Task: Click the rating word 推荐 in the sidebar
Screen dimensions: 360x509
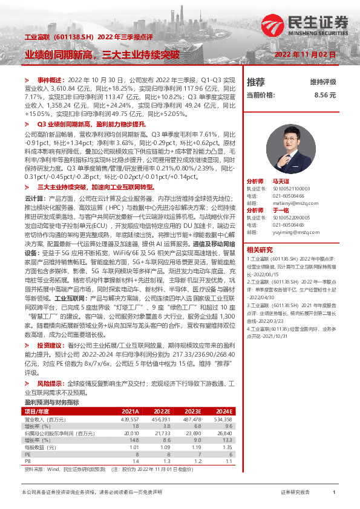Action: coord(256,82)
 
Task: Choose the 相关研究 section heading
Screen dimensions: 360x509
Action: coord(260,250)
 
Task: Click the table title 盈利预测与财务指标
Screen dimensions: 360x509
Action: coord(51,402)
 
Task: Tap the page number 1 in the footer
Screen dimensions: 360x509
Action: coord(334,493)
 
